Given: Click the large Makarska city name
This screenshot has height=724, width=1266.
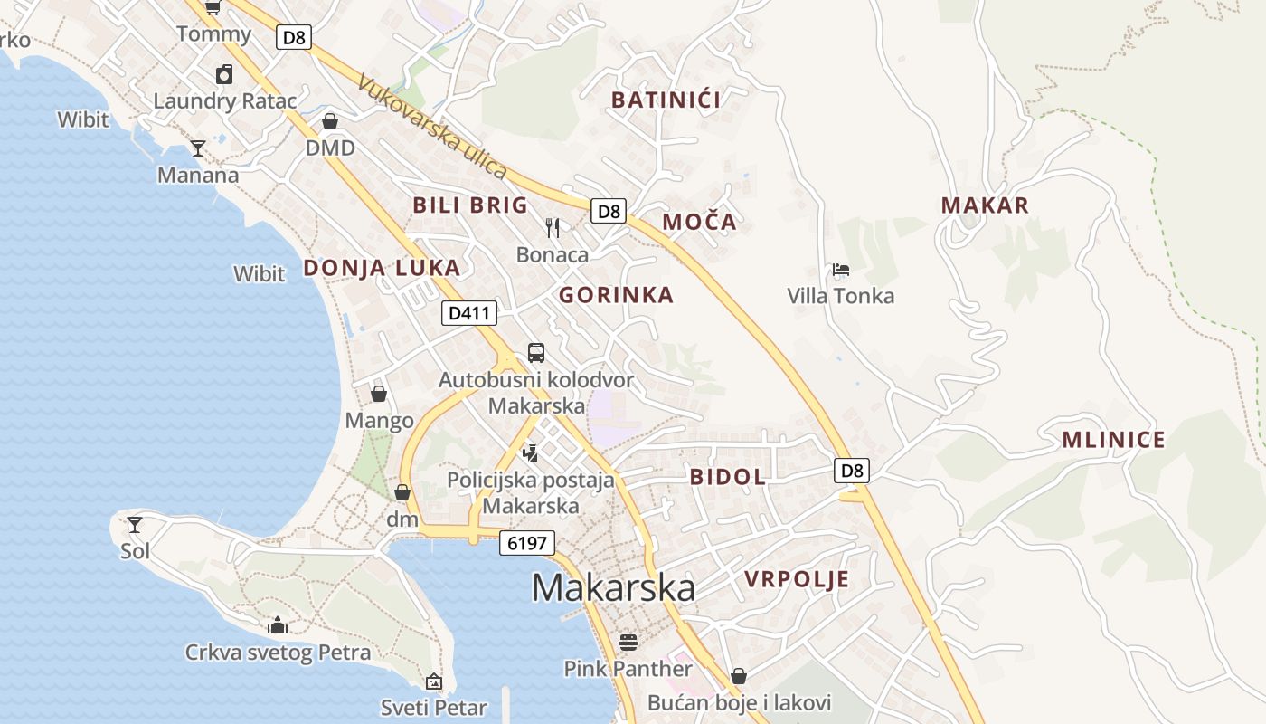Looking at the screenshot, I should tap(613, 587).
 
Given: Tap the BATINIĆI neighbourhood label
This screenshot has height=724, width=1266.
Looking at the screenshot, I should tap(666, 100).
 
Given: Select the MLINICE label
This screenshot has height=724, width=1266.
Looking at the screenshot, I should tap(1113, 441).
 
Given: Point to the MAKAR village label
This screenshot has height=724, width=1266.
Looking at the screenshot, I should tap(985, 205).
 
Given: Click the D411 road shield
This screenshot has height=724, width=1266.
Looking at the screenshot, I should tap(470, 314).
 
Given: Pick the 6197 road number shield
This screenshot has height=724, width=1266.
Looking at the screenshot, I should tap(526, 543).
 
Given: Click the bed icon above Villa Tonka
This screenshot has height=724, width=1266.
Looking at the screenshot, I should tap(841, 270).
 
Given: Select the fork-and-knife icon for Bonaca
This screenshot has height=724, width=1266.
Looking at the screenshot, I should tap(553, 227).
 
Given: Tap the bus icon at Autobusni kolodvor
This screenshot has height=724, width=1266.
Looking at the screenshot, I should tap(536, 353).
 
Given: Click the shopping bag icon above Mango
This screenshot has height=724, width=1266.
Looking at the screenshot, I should tap(379, 394).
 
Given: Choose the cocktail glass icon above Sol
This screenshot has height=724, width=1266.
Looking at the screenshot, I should tap(135, 524).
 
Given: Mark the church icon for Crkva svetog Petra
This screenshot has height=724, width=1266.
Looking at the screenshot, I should tap(278, 625).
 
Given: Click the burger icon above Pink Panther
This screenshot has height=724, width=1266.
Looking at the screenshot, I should tap(628, 643).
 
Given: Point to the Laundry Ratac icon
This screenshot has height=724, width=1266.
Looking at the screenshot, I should tap(224, 74).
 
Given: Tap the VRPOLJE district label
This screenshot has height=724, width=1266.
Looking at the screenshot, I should tap(797, 579).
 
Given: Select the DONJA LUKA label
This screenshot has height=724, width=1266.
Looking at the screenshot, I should tap(382, 268).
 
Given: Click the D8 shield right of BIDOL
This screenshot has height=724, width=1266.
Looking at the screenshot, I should tap(852, 471).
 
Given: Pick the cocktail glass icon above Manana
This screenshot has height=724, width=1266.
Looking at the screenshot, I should tap(198, 148).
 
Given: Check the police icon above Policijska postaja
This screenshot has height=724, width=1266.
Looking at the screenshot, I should tap(531, 452).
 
